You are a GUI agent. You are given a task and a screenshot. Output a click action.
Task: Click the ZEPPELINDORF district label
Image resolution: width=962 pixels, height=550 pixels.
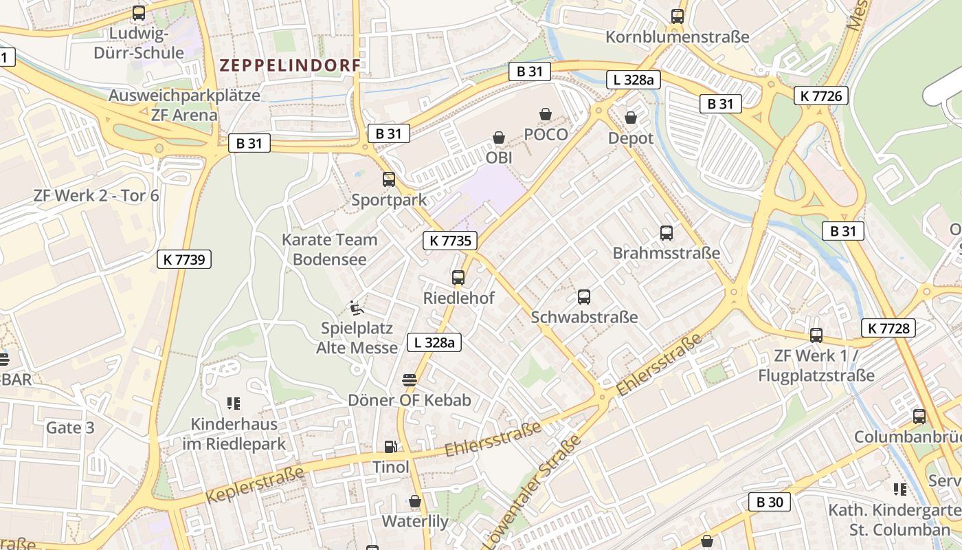coord(290,65)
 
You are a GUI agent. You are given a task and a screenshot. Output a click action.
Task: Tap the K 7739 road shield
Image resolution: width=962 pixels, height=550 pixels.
coord(183,259)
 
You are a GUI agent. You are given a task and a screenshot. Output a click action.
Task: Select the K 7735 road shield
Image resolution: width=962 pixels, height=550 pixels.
coord(450,240)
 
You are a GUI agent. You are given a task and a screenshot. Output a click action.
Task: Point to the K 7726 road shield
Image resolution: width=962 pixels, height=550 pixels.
coord(820,96)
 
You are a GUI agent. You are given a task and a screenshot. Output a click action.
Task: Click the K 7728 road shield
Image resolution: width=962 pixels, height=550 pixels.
coord(888,328)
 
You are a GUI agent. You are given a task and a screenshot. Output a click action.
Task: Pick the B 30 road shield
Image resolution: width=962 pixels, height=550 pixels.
coord(770,502)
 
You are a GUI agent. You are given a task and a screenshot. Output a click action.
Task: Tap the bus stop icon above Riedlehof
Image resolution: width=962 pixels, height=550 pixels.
coord(458,278)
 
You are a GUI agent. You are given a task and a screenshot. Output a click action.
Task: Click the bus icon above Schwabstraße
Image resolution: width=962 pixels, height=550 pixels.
coord(584,297)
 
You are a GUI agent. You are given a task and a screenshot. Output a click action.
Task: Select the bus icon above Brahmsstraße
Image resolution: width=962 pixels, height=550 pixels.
coord(667,232)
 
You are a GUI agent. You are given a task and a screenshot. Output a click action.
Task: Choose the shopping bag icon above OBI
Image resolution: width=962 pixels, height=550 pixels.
coord(499,138)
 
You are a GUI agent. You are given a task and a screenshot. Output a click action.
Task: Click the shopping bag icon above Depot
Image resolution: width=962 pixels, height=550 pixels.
coord(631,118)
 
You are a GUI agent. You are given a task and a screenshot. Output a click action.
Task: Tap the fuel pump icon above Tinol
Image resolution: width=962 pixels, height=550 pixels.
coord(390,447)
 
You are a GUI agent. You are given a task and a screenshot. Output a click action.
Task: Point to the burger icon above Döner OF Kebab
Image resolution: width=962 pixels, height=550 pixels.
coord(410,380)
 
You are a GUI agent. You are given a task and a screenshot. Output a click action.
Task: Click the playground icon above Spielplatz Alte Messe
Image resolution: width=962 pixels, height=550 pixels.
coord(357,307)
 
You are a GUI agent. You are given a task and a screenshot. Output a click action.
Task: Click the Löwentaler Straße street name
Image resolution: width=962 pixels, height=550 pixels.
coord(533,492)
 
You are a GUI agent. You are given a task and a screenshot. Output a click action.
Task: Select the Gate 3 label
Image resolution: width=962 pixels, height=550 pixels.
coord(70,428)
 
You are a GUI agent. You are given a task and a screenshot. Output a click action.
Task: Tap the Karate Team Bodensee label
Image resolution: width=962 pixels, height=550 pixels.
coord(330,250)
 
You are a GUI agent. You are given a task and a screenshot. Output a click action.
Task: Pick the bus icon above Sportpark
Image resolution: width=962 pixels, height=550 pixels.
coord(389,179)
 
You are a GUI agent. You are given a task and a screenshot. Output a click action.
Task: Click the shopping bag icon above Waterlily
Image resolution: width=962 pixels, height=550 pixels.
coord(414,501)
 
